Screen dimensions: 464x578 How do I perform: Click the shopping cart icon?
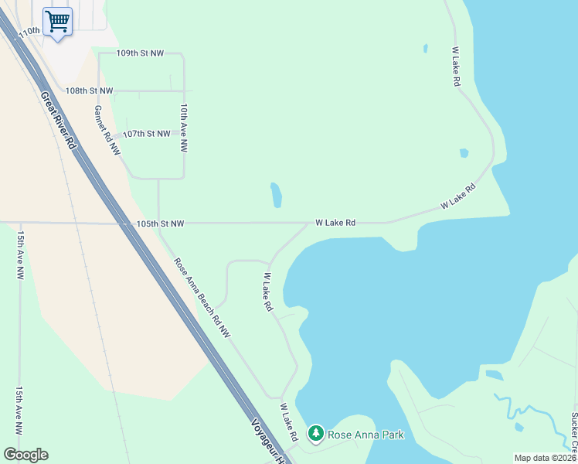point(56,21)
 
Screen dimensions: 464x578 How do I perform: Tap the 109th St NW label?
point(140,53)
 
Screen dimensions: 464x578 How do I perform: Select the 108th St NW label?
point(89,90)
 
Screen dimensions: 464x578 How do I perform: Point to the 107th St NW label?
point(146,134)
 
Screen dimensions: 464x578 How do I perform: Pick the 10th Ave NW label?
point(184,128)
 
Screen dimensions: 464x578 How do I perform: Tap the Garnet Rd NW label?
point(107,130)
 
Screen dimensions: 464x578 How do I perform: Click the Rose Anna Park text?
point(365,435)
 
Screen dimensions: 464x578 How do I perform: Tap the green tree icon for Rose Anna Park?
point(315,434)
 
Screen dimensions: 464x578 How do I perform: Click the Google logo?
point(25,455)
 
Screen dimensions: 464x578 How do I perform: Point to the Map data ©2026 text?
point(545,458)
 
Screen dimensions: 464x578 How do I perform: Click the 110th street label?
point(29,31)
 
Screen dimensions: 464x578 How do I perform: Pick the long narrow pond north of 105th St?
point(275,195)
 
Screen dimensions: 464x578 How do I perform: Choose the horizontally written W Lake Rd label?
point(335,223)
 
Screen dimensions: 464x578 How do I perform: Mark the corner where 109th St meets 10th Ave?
point(183,54)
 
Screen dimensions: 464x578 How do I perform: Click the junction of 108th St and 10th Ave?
point(184,90)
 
